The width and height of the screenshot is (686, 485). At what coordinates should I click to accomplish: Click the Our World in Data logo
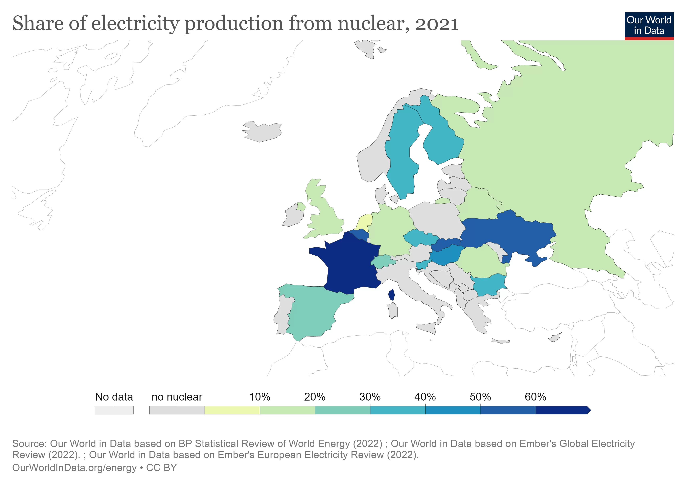coord(649,26)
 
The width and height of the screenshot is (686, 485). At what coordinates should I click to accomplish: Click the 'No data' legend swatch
coord(114,410)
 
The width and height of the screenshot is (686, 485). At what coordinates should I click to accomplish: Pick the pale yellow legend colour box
coord(232,410)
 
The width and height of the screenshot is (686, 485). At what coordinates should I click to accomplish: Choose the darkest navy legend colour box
coord(562,410)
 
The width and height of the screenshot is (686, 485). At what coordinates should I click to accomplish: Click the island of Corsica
coord(392,295)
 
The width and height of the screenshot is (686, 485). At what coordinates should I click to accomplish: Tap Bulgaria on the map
coord(488,286)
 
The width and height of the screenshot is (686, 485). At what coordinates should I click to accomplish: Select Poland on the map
coord(435,218)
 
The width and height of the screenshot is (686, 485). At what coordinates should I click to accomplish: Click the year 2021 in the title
coord(437,24)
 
